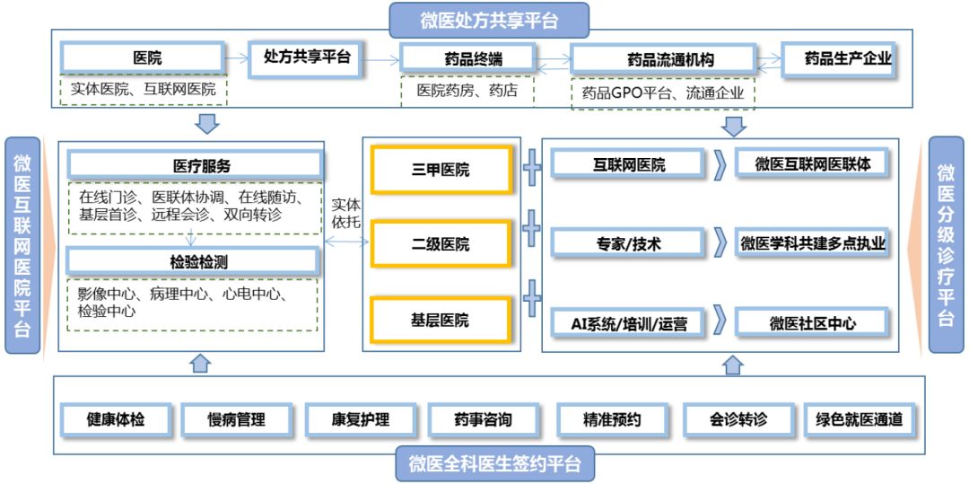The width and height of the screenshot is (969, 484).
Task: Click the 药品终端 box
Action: [x=473, y=59]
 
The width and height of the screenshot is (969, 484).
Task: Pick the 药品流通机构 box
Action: [x=665, y=60]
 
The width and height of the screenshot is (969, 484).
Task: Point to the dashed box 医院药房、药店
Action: [x=467, y=91]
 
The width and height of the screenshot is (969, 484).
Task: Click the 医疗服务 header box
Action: [x=194, y=165]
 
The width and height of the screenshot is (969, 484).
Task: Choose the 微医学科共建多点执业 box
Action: [x=813, y=242]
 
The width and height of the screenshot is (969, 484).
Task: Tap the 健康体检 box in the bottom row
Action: [x=115, y=419]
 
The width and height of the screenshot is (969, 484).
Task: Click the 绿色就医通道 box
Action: [x=859, y=419]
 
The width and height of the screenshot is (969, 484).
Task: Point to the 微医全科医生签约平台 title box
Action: [x=494, y=464]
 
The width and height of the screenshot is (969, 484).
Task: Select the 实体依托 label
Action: [x=346, y=213]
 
